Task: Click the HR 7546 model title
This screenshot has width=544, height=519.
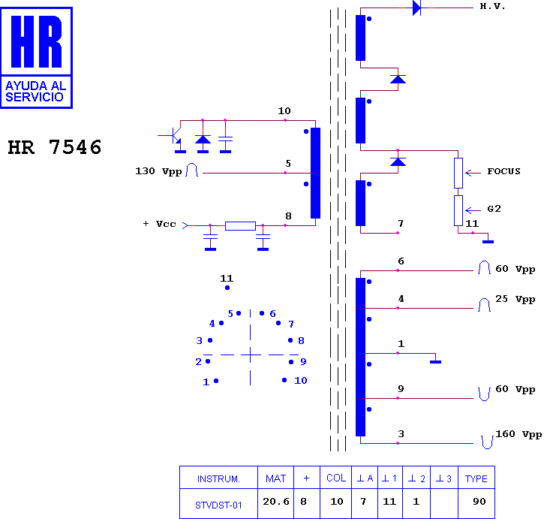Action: point(55,147)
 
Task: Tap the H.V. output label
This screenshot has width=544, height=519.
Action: point(492,6)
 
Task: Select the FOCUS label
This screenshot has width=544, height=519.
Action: point(503,171)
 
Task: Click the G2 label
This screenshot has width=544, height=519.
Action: point(494,209)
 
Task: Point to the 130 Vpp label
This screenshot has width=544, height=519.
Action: point(158,171)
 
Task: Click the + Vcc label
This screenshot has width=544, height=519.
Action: point(160,224)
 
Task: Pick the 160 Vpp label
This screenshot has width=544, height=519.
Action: point(518,434)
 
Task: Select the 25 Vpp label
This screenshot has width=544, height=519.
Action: point(515,299)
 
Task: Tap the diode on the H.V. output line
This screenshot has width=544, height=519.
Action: point(416,8)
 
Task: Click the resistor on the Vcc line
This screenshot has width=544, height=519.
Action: point(240,226)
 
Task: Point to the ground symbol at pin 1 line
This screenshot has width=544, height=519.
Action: point(435,361)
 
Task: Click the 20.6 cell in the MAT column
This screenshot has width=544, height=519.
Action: point(276,501)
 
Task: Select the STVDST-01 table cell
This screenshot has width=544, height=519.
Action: point(218,505)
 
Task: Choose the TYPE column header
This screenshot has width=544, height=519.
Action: point(476,478)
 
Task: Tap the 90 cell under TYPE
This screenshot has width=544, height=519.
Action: point(479,501)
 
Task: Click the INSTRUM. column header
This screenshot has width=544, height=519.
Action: point(218,479)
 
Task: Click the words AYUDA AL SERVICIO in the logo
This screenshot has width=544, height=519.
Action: point(36,92)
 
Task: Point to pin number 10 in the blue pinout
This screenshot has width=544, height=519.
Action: point(301,380)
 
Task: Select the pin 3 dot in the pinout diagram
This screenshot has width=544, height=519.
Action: point(210,340)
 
